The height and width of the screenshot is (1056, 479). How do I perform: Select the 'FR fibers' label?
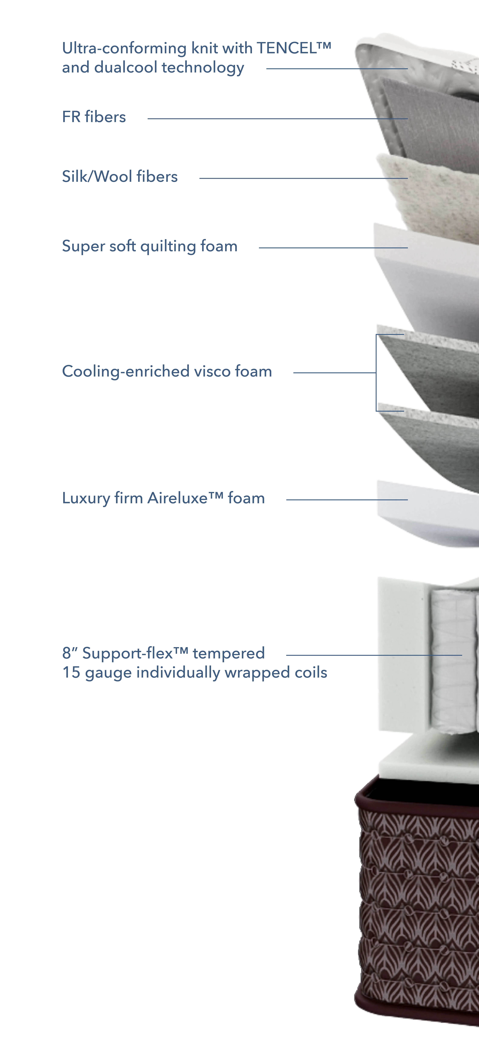(94, 117)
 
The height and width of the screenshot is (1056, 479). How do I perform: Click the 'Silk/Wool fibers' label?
(120, 177)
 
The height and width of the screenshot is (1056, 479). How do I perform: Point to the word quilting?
(168, 246)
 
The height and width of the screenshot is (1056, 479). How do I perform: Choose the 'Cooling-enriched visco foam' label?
(167, 371)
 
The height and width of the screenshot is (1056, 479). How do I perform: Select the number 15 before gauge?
(71, 673)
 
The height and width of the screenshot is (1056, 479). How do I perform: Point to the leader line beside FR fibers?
(278, 119)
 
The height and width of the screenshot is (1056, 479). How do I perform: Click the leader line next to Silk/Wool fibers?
(303, 178)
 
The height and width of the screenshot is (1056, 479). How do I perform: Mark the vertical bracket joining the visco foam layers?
(376, 373)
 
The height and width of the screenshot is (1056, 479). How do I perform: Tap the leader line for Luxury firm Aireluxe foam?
(347, 500)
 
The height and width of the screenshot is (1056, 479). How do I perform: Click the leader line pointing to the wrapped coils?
(374, 655)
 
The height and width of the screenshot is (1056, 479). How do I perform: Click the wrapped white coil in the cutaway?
(453, 660)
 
